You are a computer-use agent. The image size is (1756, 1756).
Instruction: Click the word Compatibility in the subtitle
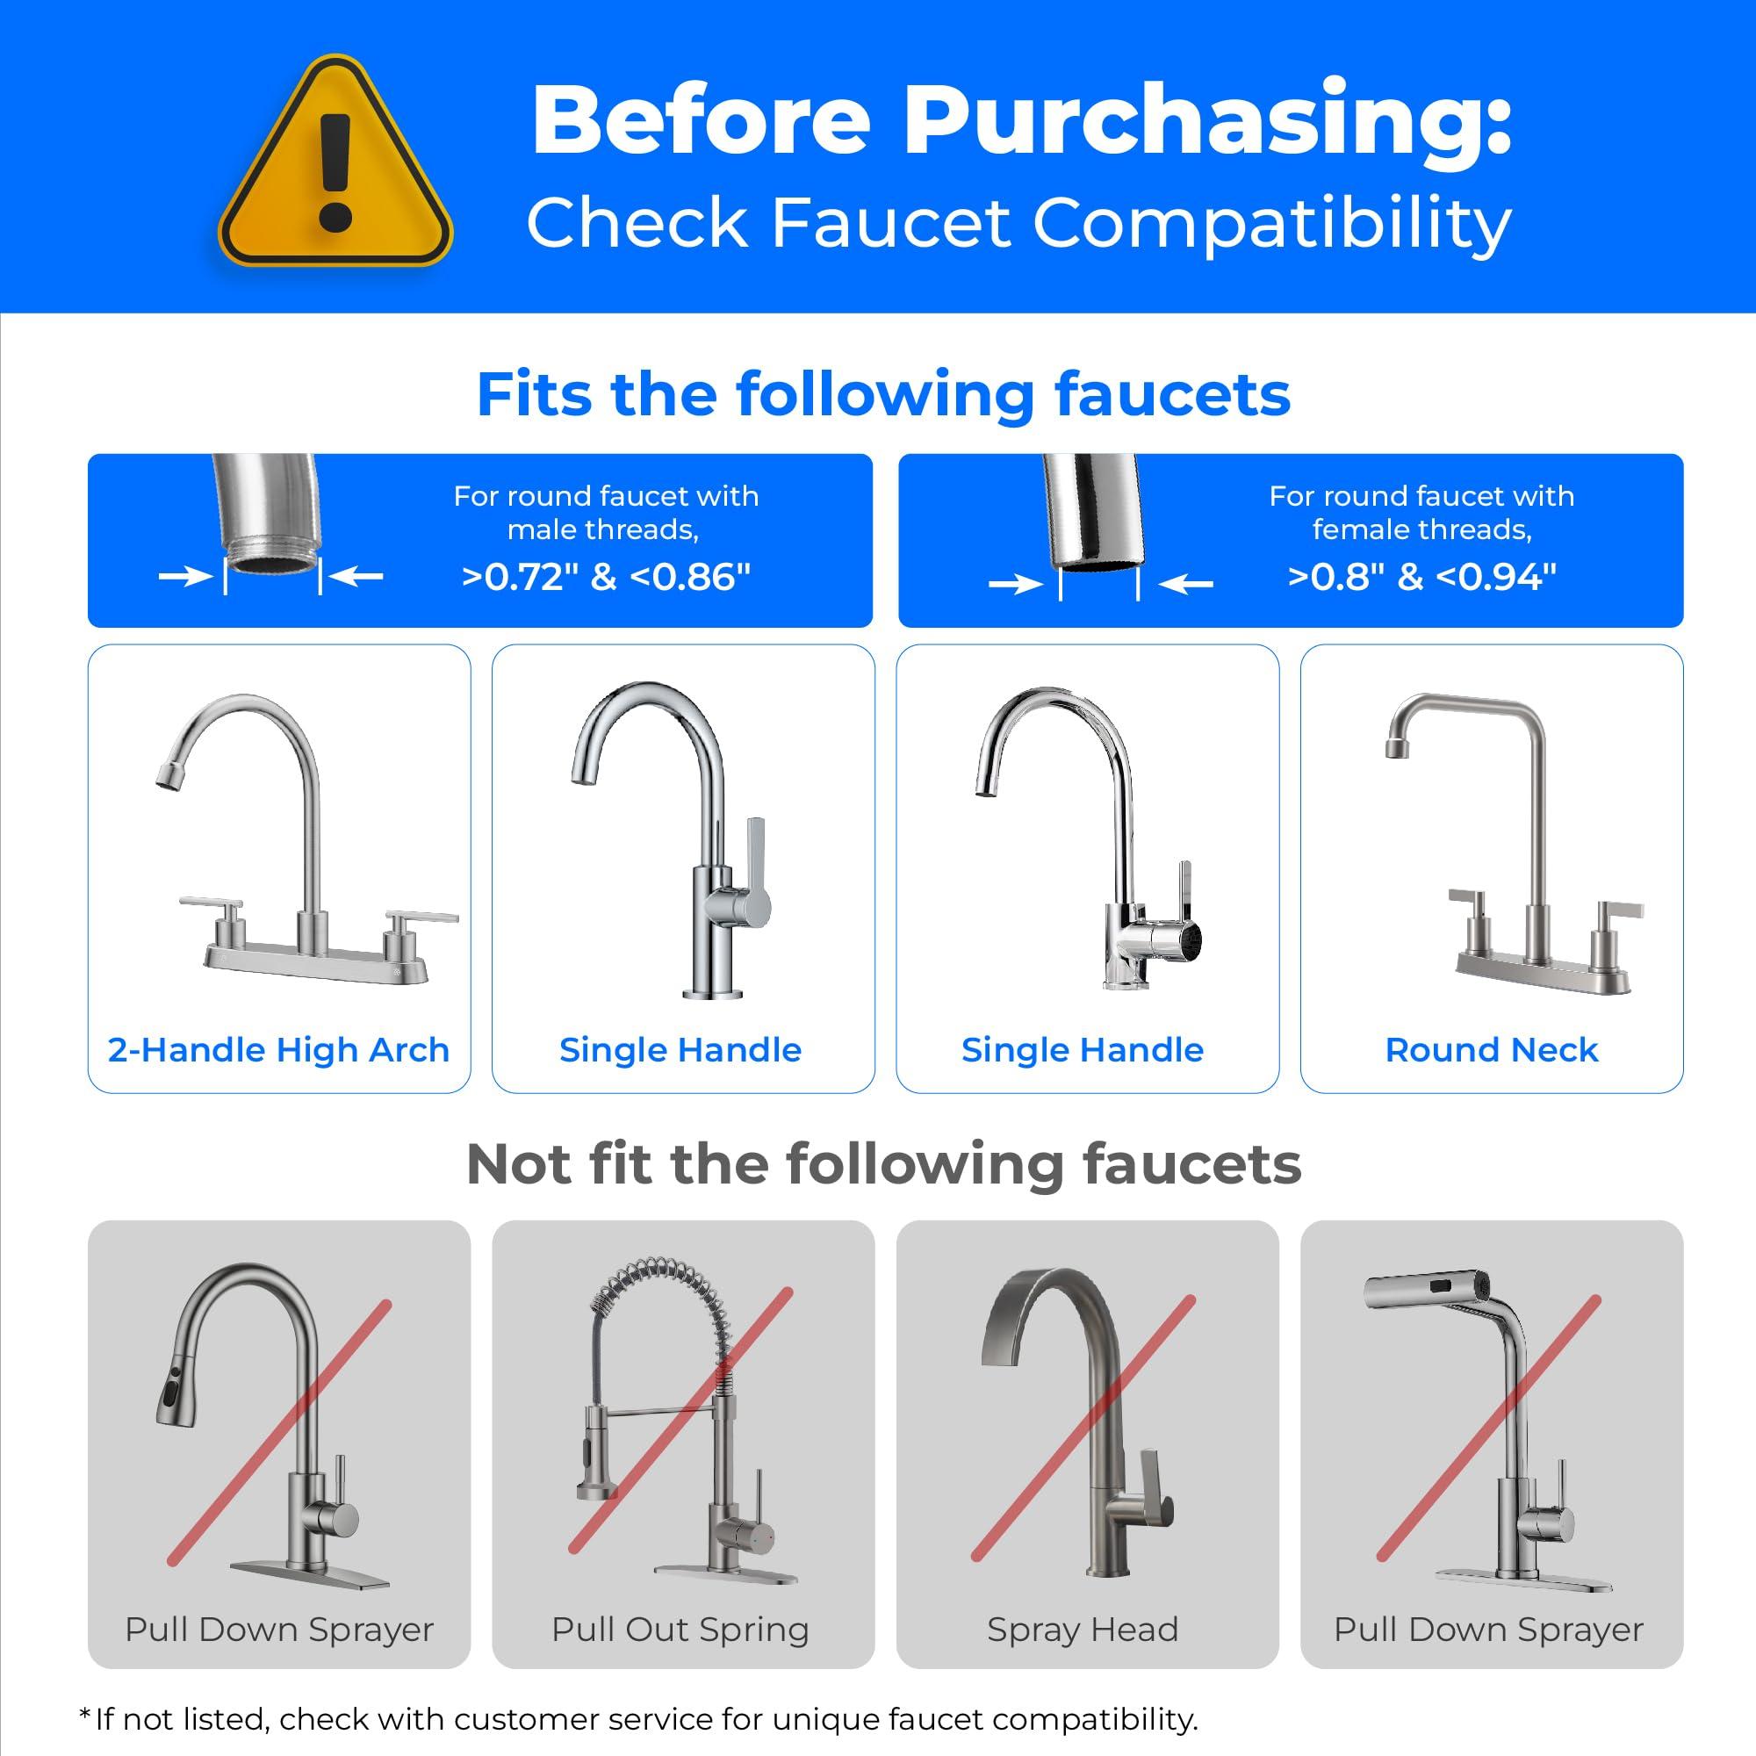[1271, 223]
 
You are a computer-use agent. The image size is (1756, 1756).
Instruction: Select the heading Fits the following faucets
[882, 394]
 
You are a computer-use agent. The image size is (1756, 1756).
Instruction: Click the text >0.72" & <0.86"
[606, 577]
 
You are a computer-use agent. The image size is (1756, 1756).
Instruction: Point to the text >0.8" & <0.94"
[1421, 577]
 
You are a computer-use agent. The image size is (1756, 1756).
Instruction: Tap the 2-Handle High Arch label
[278, 1050]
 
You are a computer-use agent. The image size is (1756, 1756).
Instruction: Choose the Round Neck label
[1491, 1050]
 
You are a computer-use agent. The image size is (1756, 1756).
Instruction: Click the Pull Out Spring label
[680, 1630]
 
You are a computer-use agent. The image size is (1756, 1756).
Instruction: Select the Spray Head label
[1083, 1630]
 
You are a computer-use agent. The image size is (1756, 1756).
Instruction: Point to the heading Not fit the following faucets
[882, 1164]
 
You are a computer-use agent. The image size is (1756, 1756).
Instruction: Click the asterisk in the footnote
[84, 1714]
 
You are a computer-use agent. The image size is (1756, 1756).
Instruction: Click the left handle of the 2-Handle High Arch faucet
[211, 904]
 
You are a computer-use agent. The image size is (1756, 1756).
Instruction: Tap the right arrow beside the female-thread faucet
[1187, 585]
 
